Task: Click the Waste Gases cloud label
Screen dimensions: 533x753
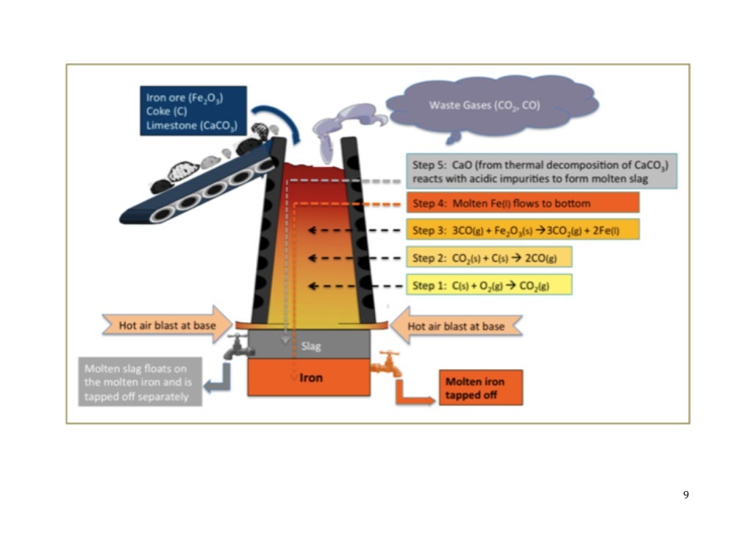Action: pyautogui.click(x=485, y=106)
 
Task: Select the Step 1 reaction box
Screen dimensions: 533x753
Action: pyautogui.click(x=488, y=284)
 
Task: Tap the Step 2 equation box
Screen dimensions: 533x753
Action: pyautogui.click(x=488, y=257)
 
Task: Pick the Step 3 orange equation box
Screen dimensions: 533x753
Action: pyautogui.click(x=522, y=229)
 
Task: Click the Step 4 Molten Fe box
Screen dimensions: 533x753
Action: pyautogui.click(x=522, y=203)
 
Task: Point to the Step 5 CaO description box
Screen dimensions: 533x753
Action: pyautogui.click(x=541, y=171)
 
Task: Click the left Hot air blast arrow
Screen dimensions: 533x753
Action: pyautogui.click(x=165, y=325)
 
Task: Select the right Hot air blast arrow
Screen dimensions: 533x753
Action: pyautogui.click(x=456, y=325)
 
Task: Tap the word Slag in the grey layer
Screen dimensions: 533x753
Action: pyautogui.click(x=311, y=346)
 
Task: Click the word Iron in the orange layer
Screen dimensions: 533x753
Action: pyautogui.click(x=311, y=378)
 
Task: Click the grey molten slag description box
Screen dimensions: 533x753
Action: pyautogui.click(x=137, y=382)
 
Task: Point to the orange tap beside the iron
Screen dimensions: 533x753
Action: pyautogui.click(x=387, y=363)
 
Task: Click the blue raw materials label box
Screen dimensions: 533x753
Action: pyautogui.click(x=193, y=111)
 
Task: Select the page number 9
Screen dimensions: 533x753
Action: pyautogui.click(x=685, y=495)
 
